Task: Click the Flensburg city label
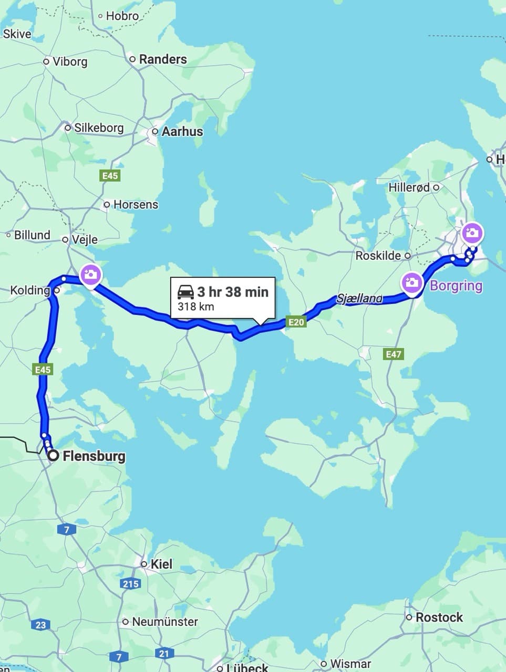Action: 94,456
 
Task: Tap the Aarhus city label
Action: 182,131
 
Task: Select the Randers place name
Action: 163,59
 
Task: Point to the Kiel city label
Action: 161,564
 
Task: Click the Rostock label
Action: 439,617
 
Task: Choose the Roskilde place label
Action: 378,256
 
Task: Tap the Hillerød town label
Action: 409,187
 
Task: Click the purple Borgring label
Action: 456,286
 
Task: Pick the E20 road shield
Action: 296,322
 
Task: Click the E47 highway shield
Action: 394,354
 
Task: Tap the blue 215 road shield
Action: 130,584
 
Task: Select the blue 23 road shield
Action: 41,625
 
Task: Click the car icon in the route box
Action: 186,291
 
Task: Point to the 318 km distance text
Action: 196,306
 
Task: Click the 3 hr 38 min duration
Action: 233,291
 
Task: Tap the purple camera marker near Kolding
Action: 90,275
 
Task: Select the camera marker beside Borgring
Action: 411,282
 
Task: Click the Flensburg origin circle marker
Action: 53,456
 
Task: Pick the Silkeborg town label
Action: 99,128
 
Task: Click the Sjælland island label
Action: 359,299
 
